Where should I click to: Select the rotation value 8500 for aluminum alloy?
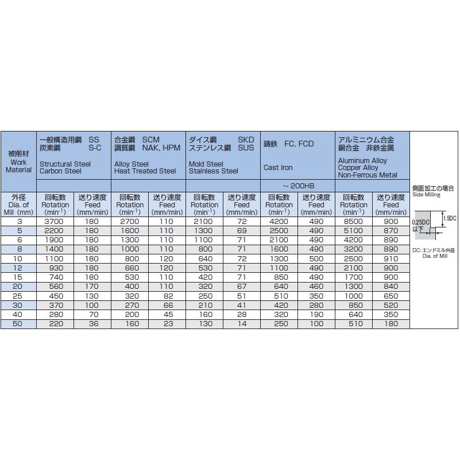click(x=354, y=221)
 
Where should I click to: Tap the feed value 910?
click(x=391, y=258)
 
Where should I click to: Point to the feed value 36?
click(x=92, y=324)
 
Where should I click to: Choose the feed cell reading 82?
click(x=167, y=296)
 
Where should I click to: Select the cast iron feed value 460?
click(x=316, y=287)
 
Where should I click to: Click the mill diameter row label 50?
click(x=18, y=324)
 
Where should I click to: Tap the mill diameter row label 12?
click(x=18, y=268)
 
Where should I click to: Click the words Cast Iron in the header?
click(x=278, y=168)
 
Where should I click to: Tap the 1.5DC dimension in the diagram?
click(x=450, y=218)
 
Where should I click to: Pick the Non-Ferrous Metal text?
click(x=368, y=175)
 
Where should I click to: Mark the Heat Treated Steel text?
click(x=145, y=171)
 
